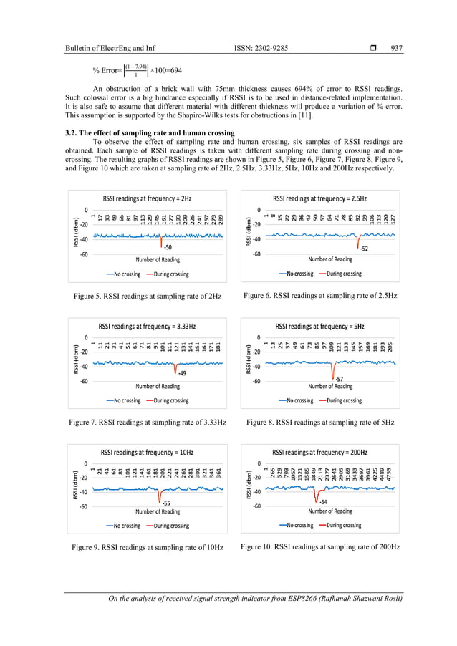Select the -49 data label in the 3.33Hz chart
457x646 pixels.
point(182,373)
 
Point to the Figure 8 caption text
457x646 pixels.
point(319,423)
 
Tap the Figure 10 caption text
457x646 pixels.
point(320,547)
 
